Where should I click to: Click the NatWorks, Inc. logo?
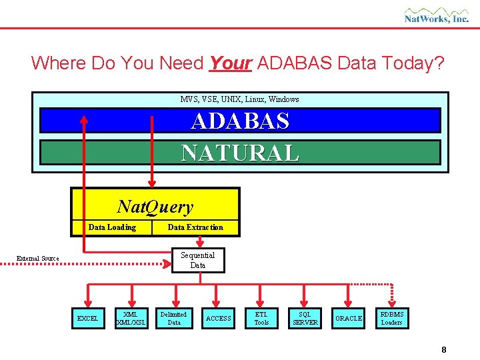pos(436,15)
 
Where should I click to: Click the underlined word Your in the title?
pos(230,63)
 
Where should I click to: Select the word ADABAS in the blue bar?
pos(240,121)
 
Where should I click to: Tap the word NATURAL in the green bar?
pos(240,153)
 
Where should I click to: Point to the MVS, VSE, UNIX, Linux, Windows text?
pos(239,99)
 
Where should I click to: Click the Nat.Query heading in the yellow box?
pos(155,207)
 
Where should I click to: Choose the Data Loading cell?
pos(112,227)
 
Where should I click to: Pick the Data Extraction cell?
pos(195,227)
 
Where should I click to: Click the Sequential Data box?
pos(198,260)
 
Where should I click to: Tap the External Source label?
pos(38,259)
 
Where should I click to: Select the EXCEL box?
pos(87,319)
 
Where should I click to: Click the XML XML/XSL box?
pos(131,318)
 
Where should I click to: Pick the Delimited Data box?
pos(174,318)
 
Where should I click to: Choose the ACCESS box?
pos(218,319)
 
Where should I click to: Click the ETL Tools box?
pos(261,318)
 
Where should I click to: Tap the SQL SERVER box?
pos(305,318)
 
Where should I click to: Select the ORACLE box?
pos(349,319)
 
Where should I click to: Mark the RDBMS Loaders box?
pos(392,318)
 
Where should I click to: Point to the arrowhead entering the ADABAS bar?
pos(84,120)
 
